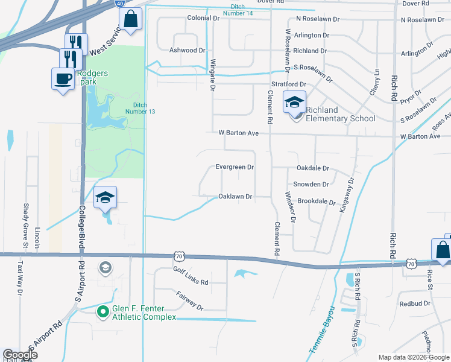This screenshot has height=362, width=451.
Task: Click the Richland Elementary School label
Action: [x=340, y=114]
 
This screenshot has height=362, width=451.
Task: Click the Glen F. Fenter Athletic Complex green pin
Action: [x=103, y=312]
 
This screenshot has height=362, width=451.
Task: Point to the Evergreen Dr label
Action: [x=235, y=167]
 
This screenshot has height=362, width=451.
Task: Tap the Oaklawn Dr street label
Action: [x=235, y=197]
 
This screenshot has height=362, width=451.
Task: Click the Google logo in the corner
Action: [x=20, y=355]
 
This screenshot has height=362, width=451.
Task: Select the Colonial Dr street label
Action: [x=203, y=19]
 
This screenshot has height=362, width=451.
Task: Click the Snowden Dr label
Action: [x=311, y=184]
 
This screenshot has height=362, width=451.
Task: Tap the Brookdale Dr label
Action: [x=316, y=201]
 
